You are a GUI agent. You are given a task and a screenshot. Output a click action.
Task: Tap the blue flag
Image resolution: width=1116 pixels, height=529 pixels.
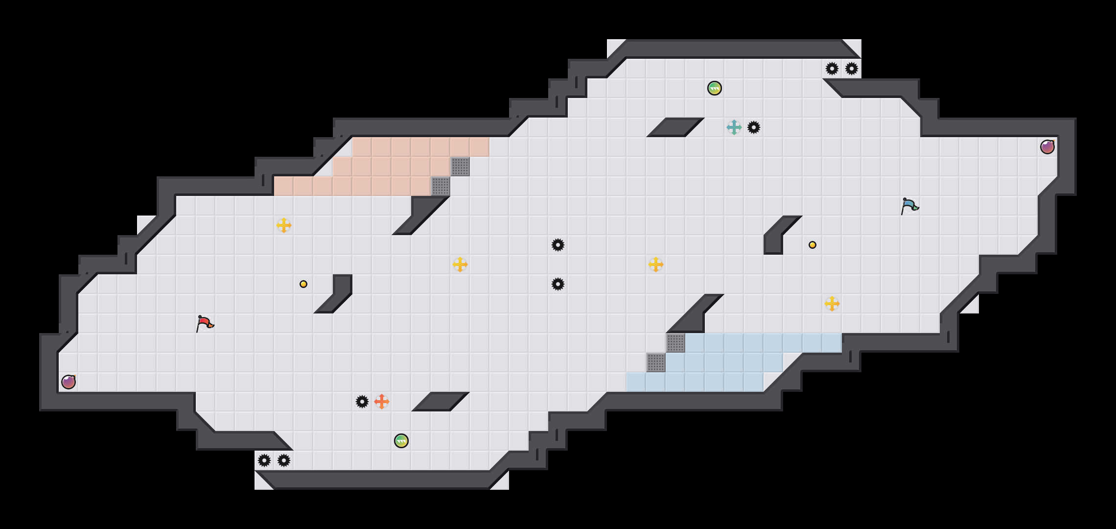(909, 206)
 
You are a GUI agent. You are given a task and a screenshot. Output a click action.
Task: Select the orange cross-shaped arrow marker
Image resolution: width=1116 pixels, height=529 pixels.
(382, 402)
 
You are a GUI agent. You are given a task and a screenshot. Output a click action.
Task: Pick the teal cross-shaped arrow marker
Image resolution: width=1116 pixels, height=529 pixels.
(734, 127)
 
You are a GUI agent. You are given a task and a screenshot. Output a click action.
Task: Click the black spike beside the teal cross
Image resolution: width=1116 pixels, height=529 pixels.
(754, 127)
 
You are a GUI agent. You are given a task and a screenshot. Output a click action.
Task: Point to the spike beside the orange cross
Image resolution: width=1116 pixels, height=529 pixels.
(362, 402)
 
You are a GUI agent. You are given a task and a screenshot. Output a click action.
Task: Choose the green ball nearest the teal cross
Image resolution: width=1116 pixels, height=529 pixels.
(715, 88)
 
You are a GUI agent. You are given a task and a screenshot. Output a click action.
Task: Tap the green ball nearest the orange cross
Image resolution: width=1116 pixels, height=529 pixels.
(401, 441)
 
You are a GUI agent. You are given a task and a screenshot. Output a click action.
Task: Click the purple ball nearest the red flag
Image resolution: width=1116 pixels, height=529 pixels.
(69, 382)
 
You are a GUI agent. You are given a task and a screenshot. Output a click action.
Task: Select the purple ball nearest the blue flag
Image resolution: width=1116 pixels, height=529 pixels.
(1047, 147)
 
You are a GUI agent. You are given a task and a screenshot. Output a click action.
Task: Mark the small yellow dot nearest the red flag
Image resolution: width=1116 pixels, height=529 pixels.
(303, 284)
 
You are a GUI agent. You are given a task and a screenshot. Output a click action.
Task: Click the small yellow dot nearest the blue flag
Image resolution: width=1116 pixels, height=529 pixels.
(813, 245)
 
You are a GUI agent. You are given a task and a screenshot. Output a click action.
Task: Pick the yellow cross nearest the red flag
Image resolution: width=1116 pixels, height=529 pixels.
(284, 225)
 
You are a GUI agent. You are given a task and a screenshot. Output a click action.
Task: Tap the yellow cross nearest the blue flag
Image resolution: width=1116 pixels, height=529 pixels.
(832, 304)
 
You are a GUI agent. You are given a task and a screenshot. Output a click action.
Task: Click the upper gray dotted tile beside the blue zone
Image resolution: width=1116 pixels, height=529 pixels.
(675, 343)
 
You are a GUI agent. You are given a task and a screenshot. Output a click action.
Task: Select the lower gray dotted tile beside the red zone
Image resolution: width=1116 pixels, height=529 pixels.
(441, 186)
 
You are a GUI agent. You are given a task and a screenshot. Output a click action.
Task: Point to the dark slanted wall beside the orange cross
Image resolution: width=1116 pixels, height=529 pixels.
(441, 402)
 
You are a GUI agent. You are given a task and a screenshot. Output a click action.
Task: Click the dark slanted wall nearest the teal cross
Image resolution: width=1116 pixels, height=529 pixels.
(675, 127)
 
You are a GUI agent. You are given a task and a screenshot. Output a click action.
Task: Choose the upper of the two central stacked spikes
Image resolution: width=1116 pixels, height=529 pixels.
(558, 245)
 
